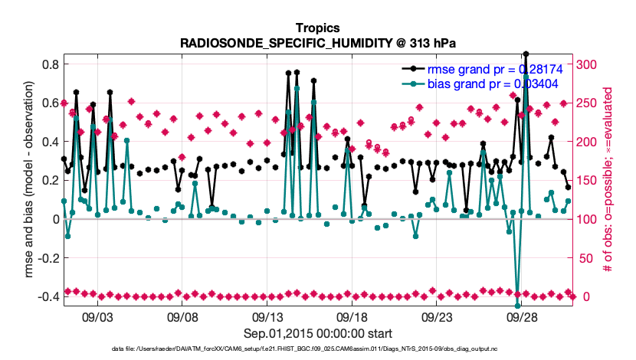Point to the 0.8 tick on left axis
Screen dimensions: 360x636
coord(50,64)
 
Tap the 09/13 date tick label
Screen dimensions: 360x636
coord(268,316)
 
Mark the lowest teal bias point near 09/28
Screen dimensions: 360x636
coord(518,305)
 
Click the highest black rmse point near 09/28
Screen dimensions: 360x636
coord(526,54)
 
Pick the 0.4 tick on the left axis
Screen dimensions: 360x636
coord(50,142)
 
